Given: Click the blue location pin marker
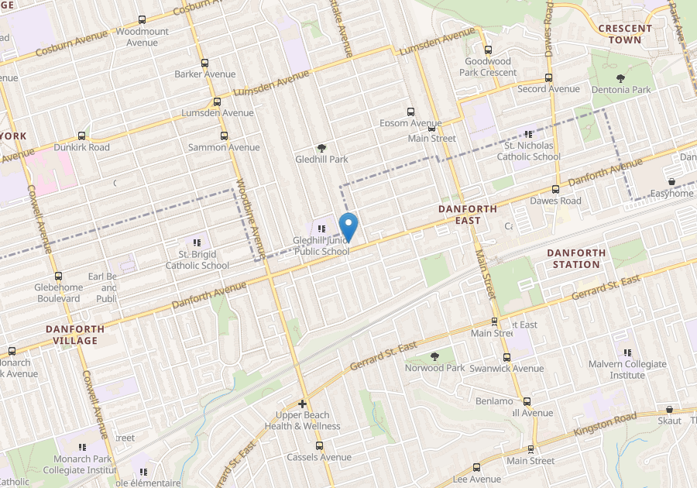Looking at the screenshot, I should (x=348, y=225).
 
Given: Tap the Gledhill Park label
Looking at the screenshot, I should (x=321, y=160).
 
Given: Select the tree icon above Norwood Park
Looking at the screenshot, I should (x=434, y=356).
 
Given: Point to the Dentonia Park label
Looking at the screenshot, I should (x=621, y=90).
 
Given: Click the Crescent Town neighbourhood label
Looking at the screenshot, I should (x=625, y=33).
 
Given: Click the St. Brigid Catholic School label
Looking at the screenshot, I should (x=197, y=259).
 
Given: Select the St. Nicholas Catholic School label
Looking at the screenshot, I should (x=532, y=151).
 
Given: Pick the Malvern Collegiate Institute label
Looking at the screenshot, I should (x=627, y=369).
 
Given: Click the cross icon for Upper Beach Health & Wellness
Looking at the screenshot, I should (x=302, y=404).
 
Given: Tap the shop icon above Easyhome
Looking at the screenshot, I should (x=671, y=182).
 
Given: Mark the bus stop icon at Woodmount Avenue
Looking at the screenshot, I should (x=142, y=20).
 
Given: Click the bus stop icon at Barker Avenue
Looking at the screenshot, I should (x=204, y=63).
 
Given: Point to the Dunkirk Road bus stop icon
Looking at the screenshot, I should (x=81, y=136).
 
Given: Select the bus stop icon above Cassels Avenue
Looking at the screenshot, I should (x=319, y=445).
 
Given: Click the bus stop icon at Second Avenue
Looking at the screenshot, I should (x=548, y=77).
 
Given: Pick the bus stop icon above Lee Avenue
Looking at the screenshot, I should (x=476, y=467).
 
